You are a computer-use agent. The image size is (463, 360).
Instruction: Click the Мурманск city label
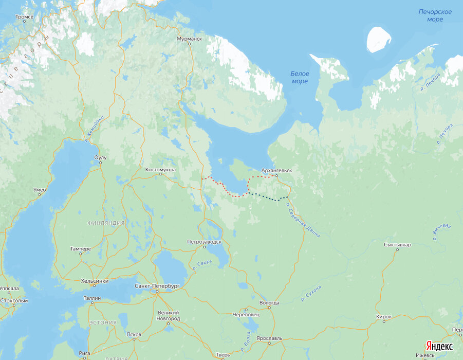[x=189, y=39]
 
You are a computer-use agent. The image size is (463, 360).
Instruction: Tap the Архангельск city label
[x=276, y=170]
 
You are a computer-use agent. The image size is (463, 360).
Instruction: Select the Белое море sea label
[x=300, y=78]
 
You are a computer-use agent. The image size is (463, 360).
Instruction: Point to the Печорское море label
[x=435, y=15]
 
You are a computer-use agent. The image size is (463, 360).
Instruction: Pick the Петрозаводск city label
[x=204, y=241]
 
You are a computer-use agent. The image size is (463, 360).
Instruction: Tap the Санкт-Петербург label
[x=157, y=285]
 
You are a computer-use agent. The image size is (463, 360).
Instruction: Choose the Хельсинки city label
[x=95, y=281]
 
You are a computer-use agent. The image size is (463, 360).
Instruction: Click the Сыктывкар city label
[x=397, y=244]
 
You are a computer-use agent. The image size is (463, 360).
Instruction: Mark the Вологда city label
[x=269, y=302]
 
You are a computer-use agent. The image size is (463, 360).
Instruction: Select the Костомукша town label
[x=161, y=169]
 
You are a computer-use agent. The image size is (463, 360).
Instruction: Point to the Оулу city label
[x=100, y=157]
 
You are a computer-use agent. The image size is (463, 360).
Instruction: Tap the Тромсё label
[x=24, y=17]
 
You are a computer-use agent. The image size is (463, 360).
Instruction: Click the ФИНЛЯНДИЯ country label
[x=106, y=223]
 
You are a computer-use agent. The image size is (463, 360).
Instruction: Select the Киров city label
[x=384, y=316]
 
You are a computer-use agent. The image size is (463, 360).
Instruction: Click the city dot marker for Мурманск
[x=189, y=44]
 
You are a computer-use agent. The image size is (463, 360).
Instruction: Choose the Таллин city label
[x=92, y=298]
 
